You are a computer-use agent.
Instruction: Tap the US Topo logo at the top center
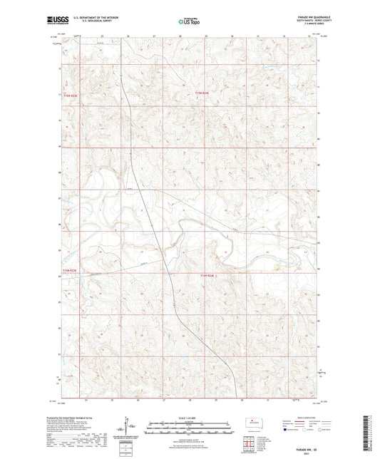click(x=190, y=21)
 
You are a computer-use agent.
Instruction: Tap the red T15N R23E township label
click(x=68, y=92)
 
